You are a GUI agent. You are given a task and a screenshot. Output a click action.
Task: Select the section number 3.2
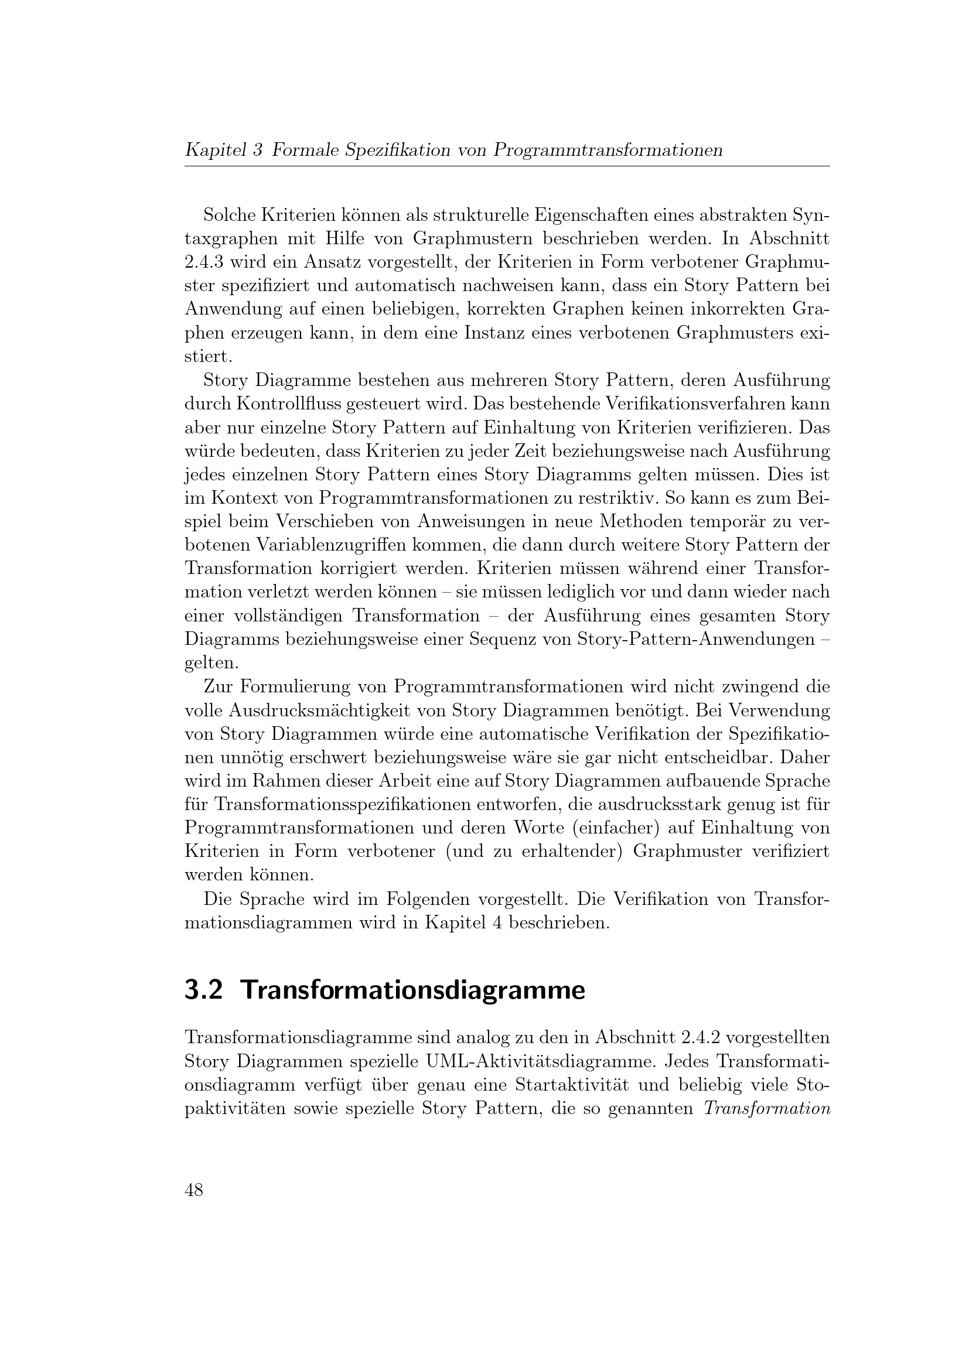203,990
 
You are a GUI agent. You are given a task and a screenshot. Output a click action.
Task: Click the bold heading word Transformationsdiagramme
413,990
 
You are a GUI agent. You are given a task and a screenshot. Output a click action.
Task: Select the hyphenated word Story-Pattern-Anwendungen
697,640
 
